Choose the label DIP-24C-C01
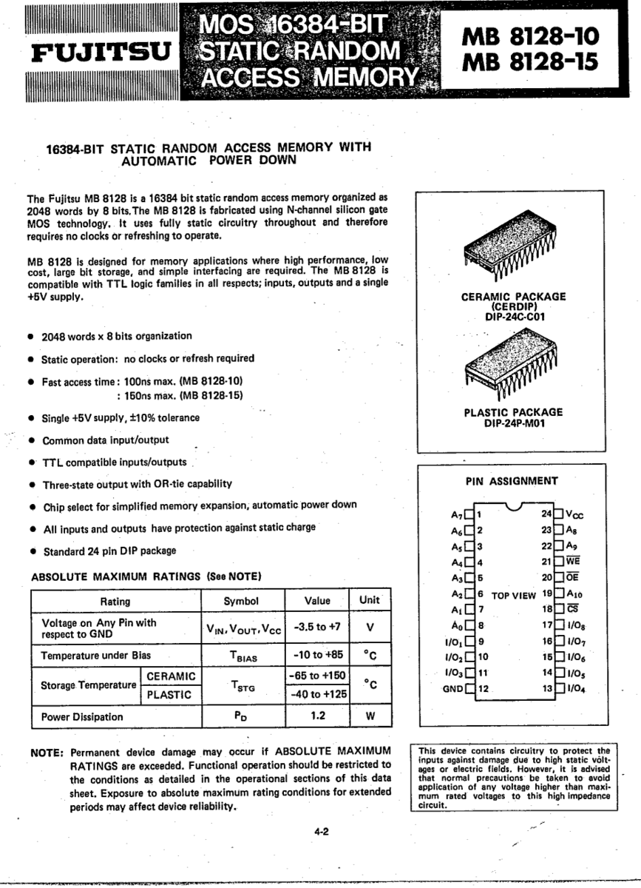pyautogui.click(x=514, y=318)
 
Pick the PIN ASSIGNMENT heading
pyautogui.click(x=512, y=481)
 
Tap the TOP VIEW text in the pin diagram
pyautogui.click(x=513, y=594)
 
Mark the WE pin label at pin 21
pyautogui.click(x=573, y=561)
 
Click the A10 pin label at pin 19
pyautogui.click(x=576, y=593)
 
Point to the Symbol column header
pyautogui.click(x=241, y=601)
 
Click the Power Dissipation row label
pyautogui.click(x=82, y=716)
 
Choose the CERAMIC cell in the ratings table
pyautogui.click(x=171, y=676)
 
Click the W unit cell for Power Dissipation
pyautogui.click(x=369, y=716)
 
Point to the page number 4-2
pyautogui.click(x=321, y=831)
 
